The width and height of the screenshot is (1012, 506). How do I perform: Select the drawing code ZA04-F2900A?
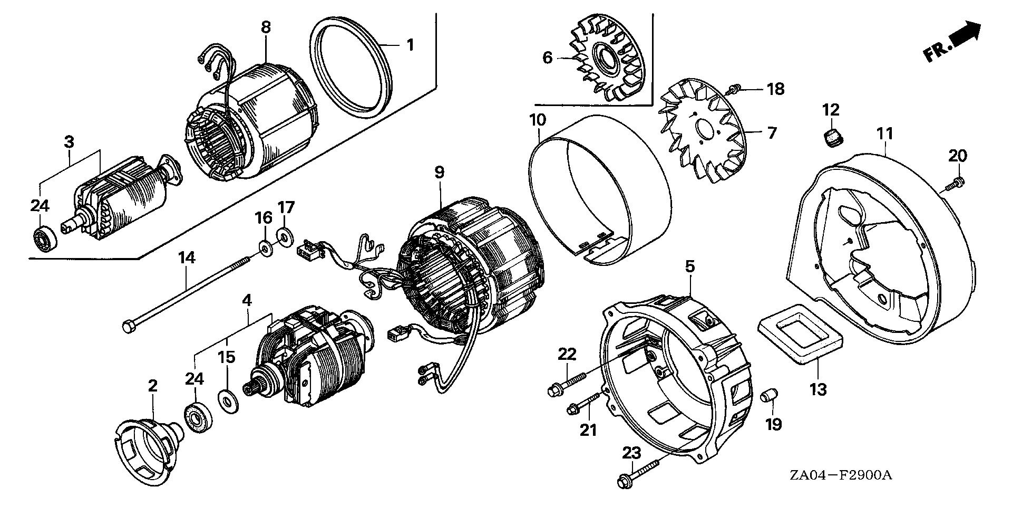point(840,475)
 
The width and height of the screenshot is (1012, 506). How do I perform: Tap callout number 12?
point(831,110)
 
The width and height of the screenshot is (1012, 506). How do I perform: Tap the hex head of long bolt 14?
point(128,327)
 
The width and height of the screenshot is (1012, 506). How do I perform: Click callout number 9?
point(439,173)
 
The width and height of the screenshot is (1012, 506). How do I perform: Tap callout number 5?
point(690,267)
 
